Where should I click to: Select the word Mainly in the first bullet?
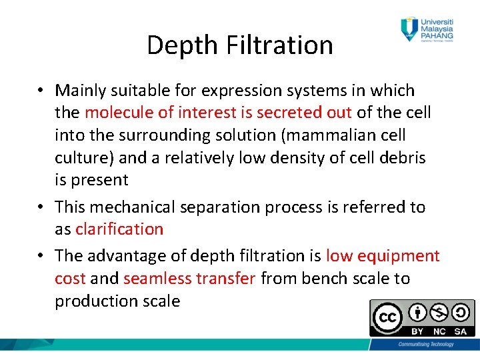point(81,90)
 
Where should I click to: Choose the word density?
point(299,158)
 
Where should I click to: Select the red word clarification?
point(119,229)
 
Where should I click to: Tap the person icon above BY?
point(417,311)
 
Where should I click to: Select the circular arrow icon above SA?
point(461,311)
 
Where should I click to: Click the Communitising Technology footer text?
point(425,344)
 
